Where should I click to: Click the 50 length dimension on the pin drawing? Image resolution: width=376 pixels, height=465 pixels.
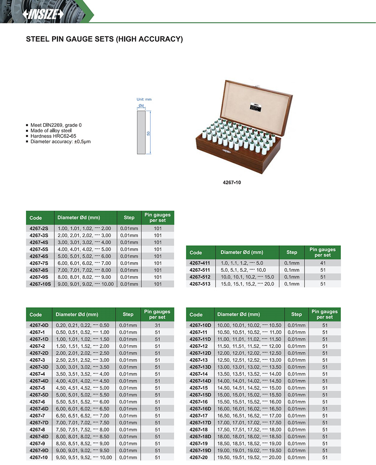[x=149, y=133]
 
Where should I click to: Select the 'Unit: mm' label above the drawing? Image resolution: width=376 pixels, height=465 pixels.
[x=145, y=99]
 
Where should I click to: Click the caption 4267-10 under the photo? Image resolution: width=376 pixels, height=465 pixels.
[x=232, y=182]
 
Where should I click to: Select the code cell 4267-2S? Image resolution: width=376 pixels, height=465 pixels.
[x=39, y=228]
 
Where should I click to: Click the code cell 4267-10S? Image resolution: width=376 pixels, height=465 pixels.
[x=40, y=284]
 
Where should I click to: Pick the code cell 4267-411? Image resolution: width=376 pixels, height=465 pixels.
[x=200, y=263]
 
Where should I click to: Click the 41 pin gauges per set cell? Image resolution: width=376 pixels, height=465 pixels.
[x=322, y=263]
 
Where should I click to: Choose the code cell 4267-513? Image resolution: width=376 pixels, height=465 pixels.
[x=200, y=284]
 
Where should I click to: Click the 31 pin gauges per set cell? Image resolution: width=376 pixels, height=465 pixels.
[x=158, y=325]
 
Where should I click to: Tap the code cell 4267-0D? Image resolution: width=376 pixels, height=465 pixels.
[x=39, y=325]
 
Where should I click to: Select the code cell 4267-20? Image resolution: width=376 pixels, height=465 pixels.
[x=198, y=457]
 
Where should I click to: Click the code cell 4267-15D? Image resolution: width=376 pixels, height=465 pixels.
[x=200, y=395]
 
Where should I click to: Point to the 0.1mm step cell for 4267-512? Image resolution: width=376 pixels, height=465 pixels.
[x=292, y=277]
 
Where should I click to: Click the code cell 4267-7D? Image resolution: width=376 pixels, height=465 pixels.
[x=39, y=422]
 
